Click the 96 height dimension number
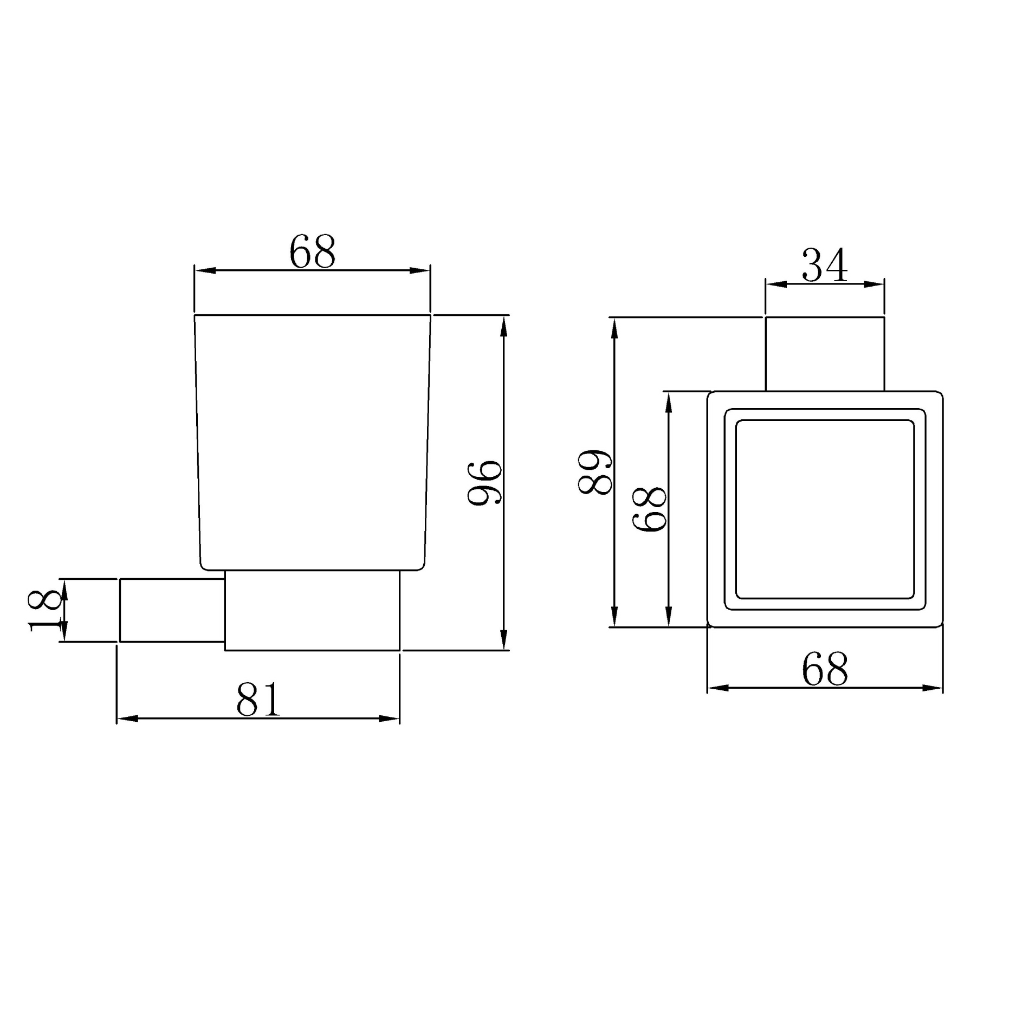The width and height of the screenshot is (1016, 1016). [x=486, y=483]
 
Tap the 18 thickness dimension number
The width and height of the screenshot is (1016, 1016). [x=43, y=611]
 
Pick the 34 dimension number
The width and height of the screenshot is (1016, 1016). [x=824, y=266]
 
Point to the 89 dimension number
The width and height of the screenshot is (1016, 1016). [x=595, y=471]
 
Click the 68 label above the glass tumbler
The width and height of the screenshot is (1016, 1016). [x=312, y=252]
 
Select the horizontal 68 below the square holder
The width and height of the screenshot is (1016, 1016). [x=824, y=670]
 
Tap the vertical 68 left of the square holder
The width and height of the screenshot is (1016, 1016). [x=650, y=509]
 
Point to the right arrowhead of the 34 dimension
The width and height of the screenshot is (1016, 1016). [x=875, y=284]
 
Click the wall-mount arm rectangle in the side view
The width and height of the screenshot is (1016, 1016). [x=172, y=610]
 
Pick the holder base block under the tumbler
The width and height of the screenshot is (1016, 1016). [x=312, y=610]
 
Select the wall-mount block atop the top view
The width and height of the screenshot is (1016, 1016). [x=824, y=354]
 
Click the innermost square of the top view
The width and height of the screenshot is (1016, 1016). [x=824, y=509]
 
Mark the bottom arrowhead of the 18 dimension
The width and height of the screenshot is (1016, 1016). [x=63, y=632]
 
